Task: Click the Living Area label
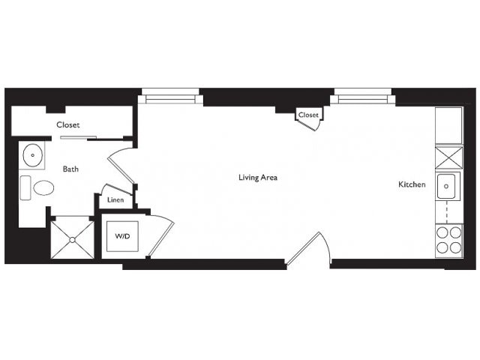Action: pyautogui.click(x=258, y=177)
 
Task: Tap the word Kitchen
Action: pyautogui.click(x=412, y=184)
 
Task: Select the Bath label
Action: pyautogui.click(x=70, y=169)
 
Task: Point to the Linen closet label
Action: pyautogui.click(x=115, y=200)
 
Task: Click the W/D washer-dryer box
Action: pyautogui.click(x=122, y=236)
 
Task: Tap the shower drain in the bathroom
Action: pyautogui.click(x=72, y=240)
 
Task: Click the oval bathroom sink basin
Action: pyautogui.click(x=33, y=155)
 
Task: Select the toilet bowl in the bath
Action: pyautogui.click(x=43, y=187)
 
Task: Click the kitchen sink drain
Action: pyautogui.click(x=446, y=186)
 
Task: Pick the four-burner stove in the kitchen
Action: pyautogui.click(x=448, y=241)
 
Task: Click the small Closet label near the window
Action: pyautogui.click(x=308, y=115)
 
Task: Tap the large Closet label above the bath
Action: pyautogui.click(x=68, y=124)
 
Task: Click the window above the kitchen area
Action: pyautogui.click(x=363, y=97)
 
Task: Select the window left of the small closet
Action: pyautogui.click(x=170, y=97)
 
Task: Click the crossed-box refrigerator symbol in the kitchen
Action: pyautogui.click(x=448, y=157)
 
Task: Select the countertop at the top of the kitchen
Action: pyautogui.click(x=448, y=125)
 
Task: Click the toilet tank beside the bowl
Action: pyautogui.click(x=25, y=187)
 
